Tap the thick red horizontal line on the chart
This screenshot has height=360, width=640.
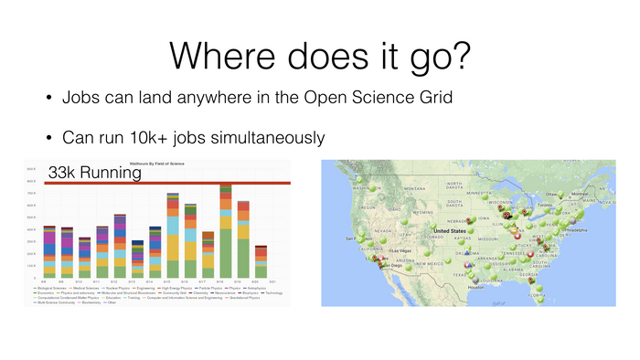183,184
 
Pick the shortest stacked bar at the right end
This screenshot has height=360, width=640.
261,261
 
